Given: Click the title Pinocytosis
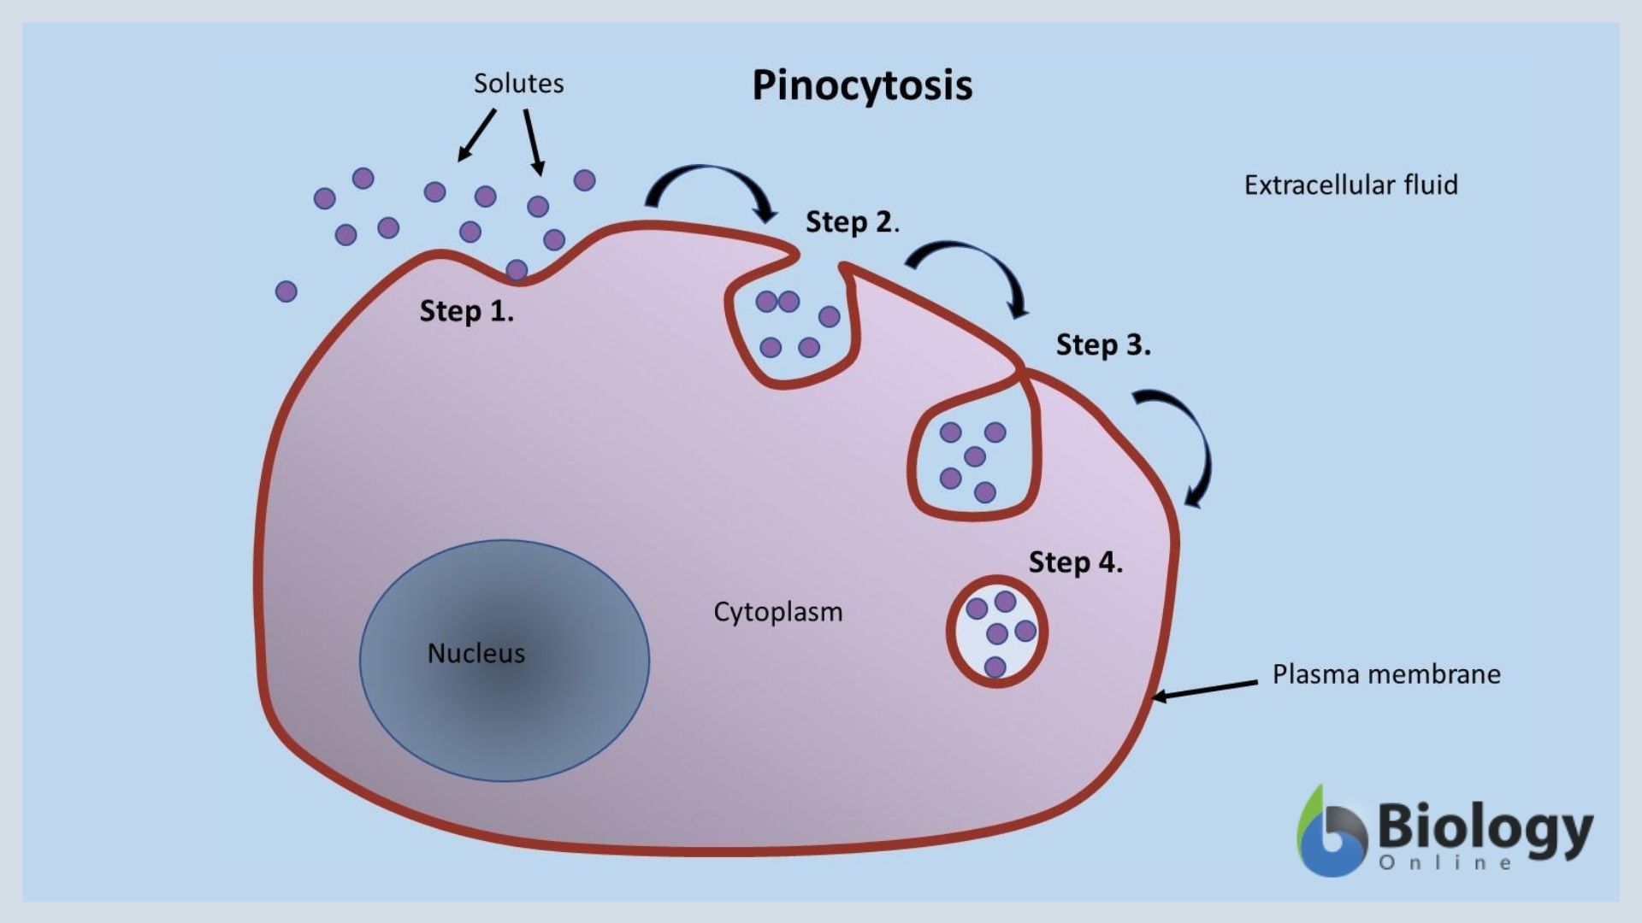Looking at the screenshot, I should click(862, 85).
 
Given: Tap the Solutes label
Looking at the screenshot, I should click(518, 84).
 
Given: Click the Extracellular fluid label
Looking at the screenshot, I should click(1350, 185).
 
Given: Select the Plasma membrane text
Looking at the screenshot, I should click(1385, 674).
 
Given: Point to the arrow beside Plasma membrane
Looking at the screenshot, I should click(1206, 690).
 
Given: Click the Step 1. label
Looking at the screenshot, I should click(466, 311).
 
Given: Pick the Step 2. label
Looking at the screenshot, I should click(852, 222).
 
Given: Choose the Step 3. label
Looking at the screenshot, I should click(1102, 345).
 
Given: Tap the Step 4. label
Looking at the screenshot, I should click(1075, 562).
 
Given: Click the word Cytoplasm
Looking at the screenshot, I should click(777, 612).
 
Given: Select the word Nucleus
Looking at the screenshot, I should click(475, 654).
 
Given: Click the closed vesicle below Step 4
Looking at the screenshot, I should click(997, 632).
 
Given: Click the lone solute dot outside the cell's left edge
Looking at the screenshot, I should click(286, 291).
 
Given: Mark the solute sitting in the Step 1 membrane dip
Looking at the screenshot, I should click(517, 271).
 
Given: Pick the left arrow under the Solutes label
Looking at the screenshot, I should click(477, 135).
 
